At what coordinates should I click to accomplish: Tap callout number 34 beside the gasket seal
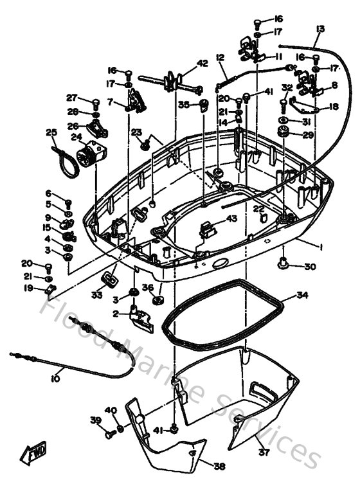303,296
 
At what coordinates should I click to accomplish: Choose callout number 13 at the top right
320,28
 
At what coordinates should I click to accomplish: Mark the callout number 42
203,63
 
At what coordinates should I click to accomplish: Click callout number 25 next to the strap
51,132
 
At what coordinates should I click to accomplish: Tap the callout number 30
310,267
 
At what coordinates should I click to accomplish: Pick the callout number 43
231,219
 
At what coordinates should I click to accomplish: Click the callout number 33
96,295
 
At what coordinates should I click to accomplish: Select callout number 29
308,135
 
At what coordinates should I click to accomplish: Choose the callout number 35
184,103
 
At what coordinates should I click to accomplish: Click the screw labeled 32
283,101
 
